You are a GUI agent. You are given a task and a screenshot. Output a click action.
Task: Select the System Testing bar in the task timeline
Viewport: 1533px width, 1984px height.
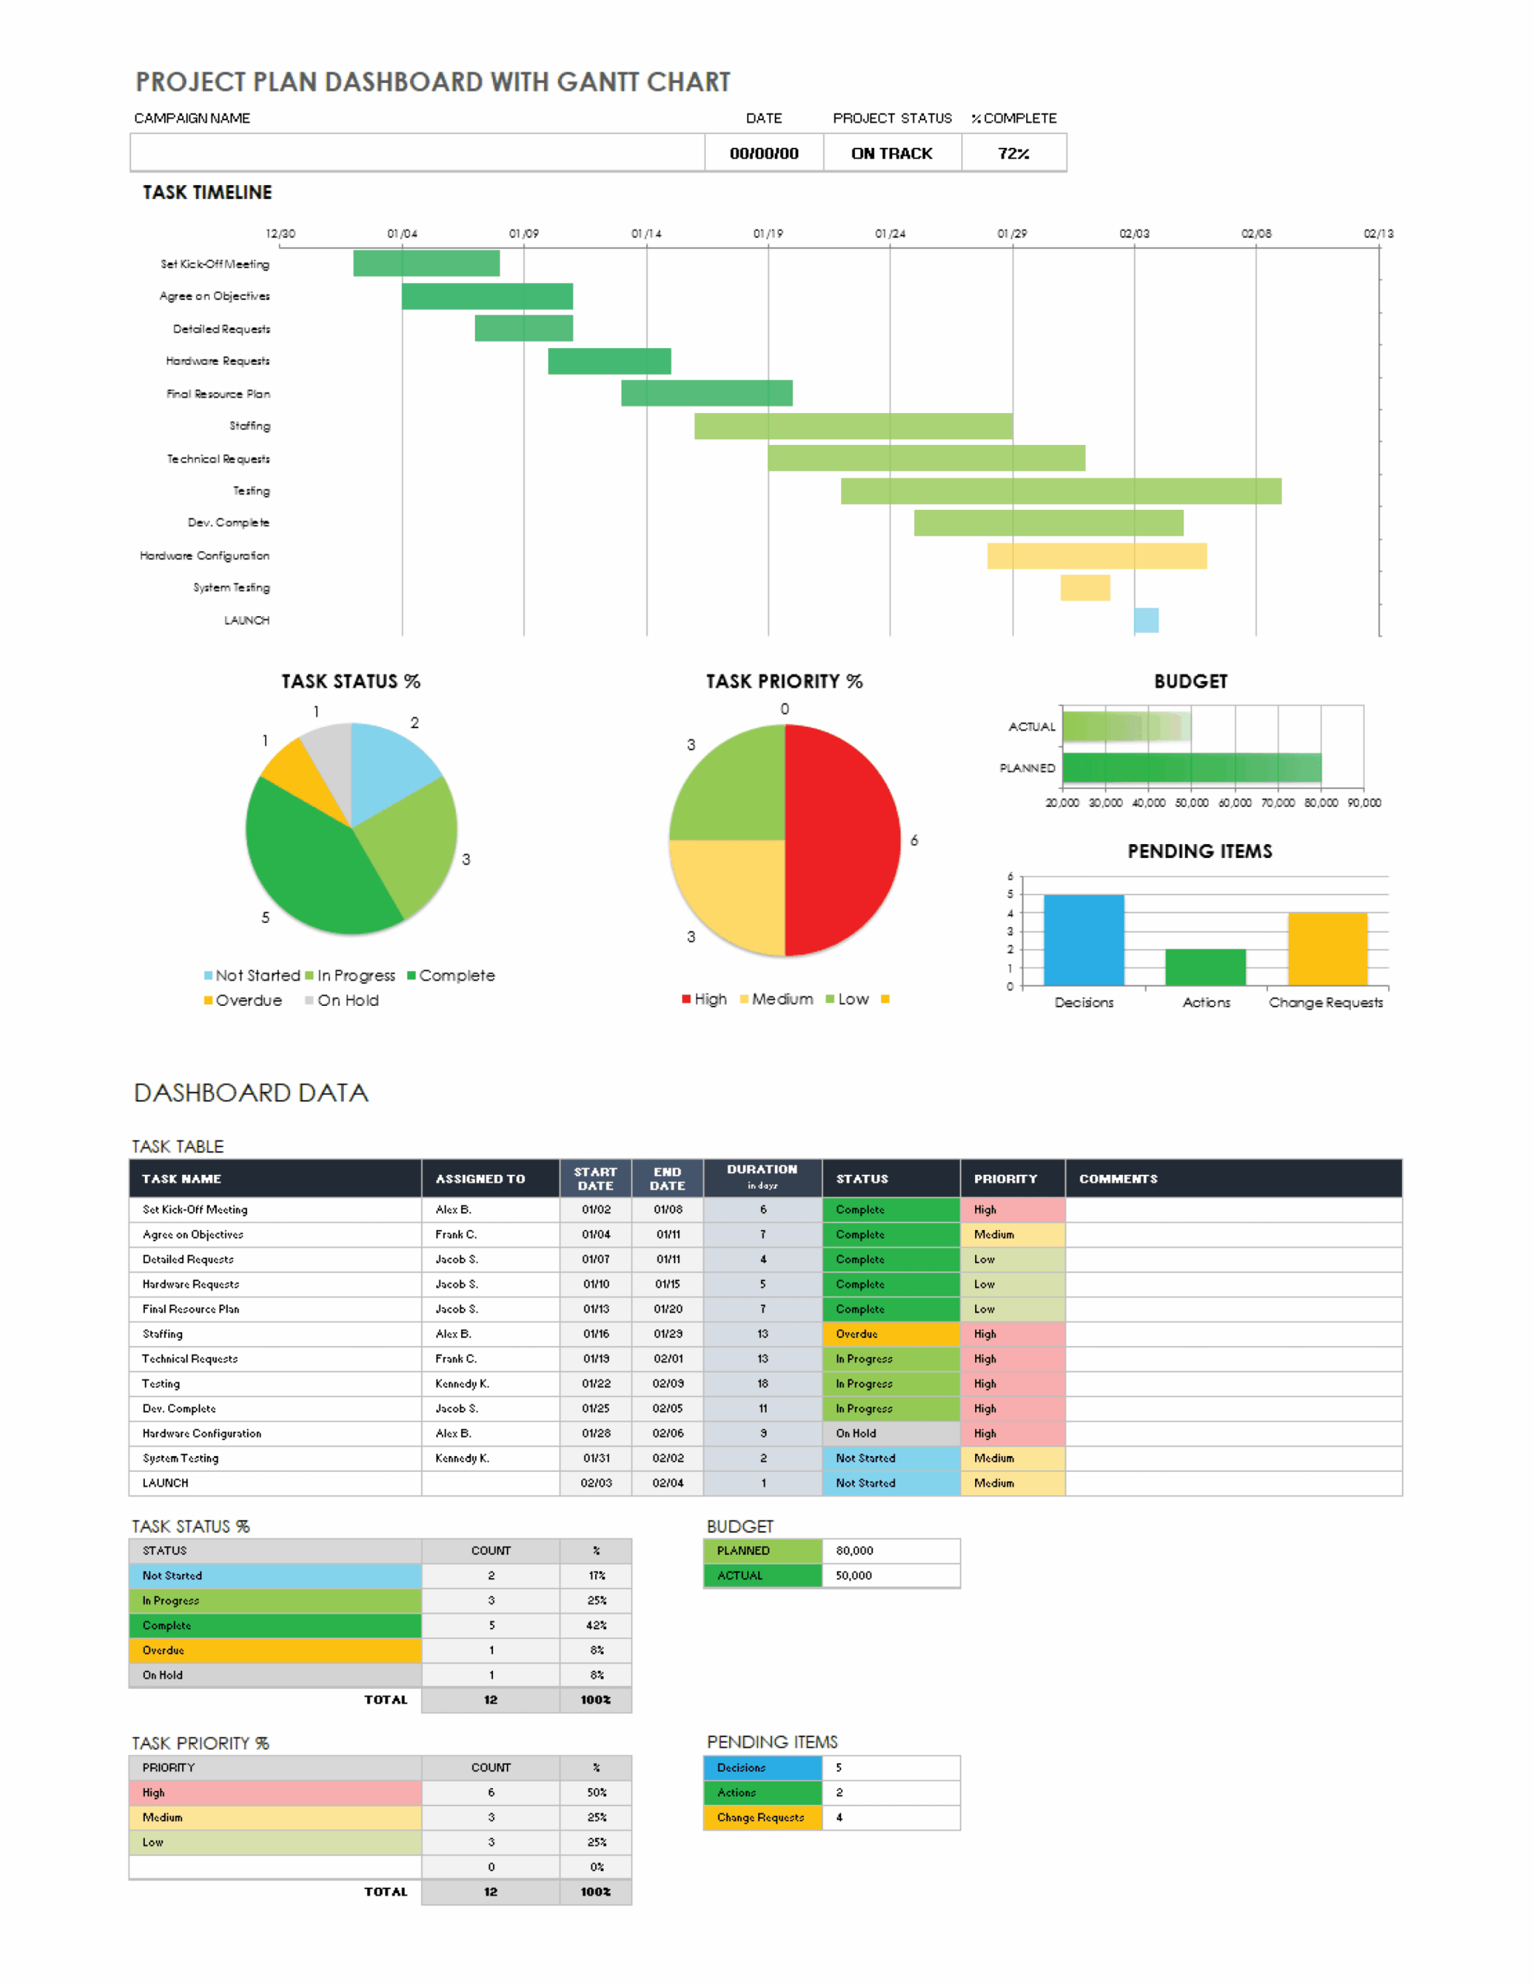coord(1084,587)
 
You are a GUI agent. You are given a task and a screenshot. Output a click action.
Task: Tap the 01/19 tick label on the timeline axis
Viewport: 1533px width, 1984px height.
coord(767,233)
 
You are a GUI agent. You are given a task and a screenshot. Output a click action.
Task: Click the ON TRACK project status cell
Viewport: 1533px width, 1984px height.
coord(891,153)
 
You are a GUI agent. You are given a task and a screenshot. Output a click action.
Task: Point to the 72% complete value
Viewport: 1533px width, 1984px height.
coord(1012,153)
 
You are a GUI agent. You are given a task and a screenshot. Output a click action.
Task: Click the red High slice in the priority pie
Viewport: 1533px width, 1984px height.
coord(841,840)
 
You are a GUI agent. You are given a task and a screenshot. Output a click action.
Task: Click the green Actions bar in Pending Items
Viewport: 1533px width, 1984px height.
coord(1204,967)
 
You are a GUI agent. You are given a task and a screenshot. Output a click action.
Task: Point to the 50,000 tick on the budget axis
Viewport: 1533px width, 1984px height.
coord(1191,803)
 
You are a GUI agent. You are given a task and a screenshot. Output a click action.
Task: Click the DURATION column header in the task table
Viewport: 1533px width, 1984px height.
coord(762,1176)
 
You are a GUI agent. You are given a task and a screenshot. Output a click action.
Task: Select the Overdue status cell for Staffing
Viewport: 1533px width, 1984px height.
coord(890,1334)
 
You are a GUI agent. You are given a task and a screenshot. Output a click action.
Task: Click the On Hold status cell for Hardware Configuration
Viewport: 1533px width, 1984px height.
coord(890,1432)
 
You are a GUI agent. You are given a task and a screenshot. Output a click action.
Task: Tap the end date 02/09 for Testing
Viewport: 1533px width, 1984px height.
coord(667,1383)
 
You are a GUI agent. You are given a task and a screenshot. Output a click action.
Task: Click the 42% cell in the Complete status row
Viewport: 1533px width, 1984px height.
coord(595,1625)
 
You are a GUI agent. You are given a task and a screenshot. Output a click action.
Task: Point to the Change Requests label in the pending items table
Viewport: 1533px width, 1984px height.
coord(760,1817)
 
